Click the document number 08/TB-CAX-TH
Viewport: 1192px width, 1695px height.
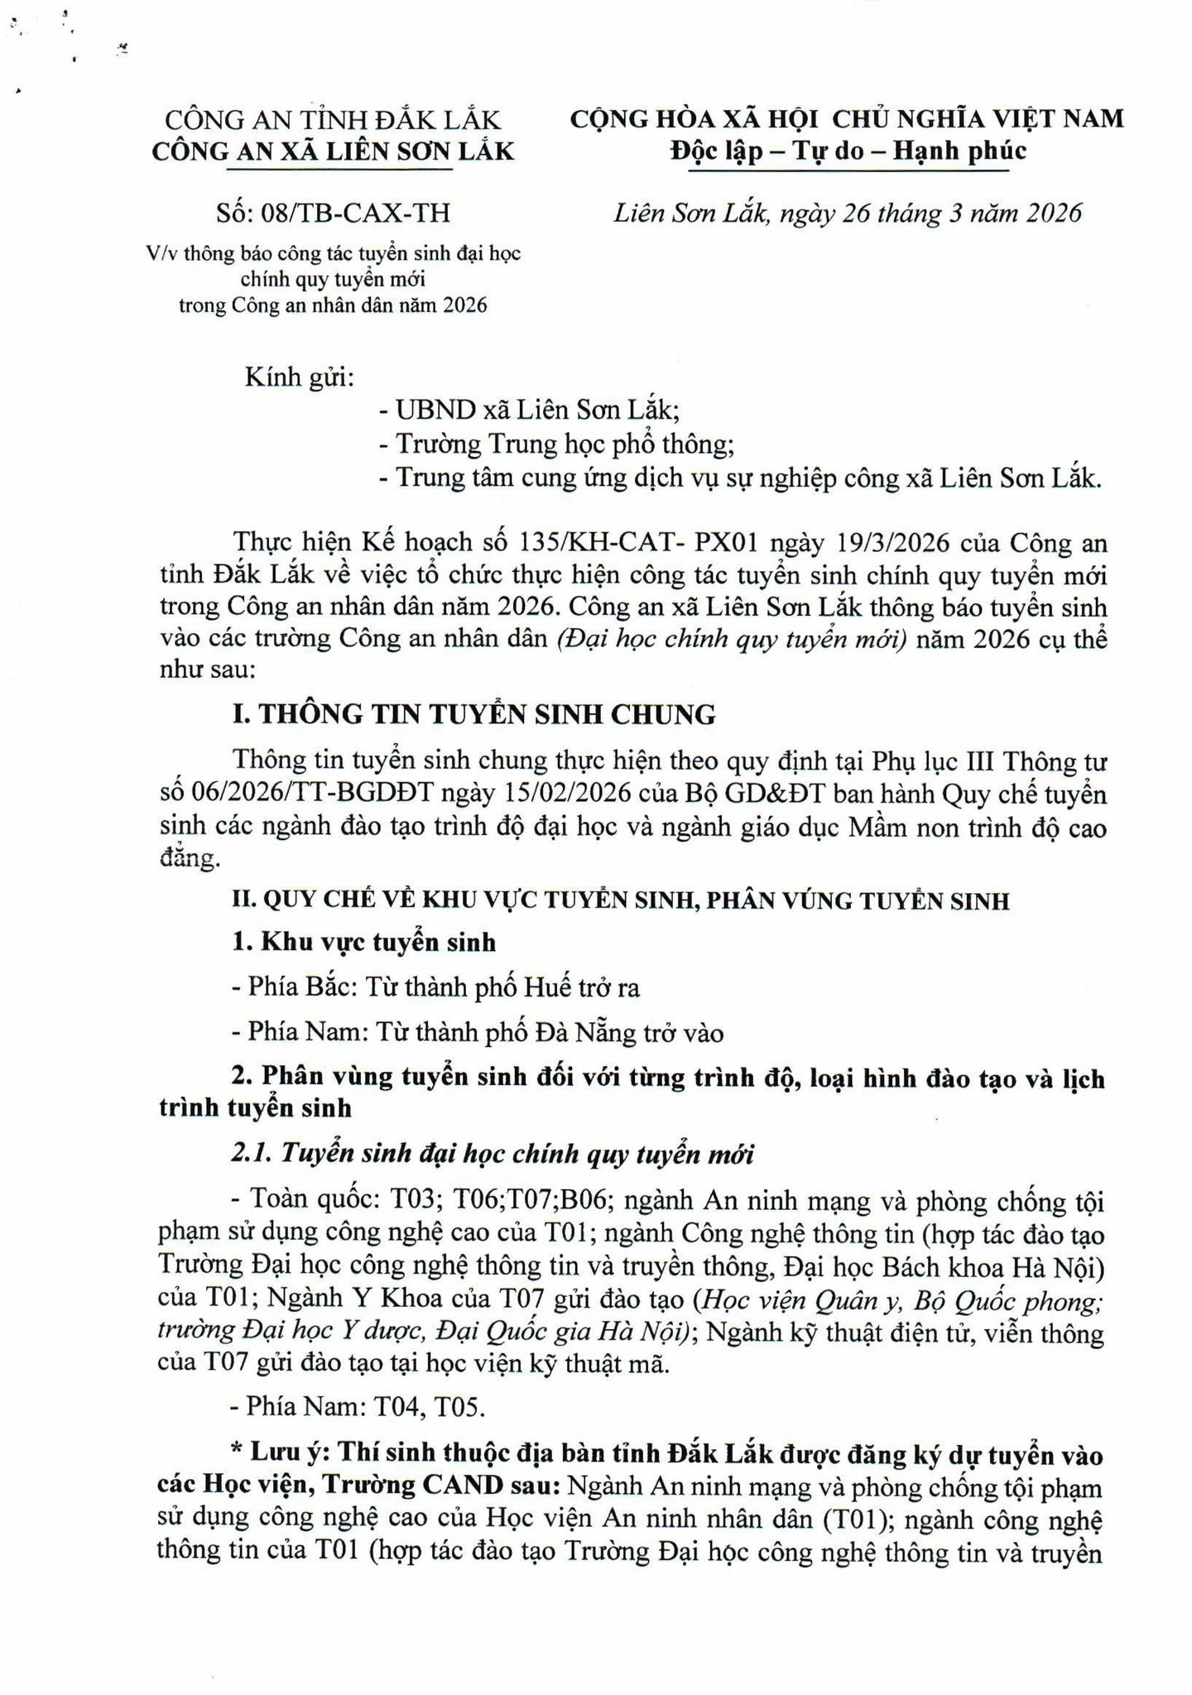[x=355, y=214]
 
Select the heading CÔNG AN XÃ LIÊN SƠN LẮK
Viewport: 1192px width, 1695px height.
[x=333, y=151]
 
